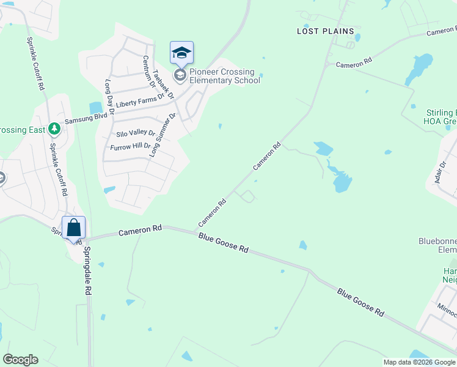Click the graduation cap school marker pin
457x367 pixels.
[x=181, y=54]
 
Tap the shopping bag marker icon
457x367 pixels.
[x=73, y=229]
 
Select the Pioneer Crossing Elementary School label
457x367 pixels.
[x=224, y=76]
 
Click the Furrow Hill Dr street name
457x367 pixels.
[x=130, y=147]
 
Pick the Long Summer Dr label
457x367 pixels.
[x=163, y=134]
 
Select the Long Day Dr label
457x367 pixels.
[x=110, y=97]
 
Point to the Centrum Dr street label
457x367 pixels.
[x=149, y=71]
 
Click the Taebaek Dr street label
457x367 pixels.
[x=163, y=84]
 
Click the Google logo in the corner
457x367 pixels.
[x=20, y=360]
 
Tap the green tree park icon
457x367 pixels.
[x=54, y=128]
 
